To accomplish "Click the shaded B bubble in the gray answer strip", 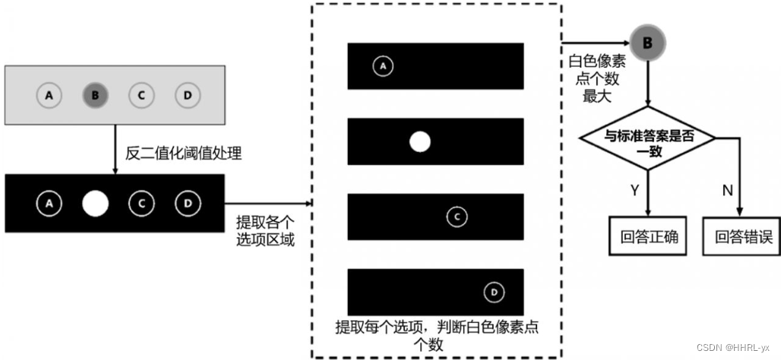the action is point(95,96).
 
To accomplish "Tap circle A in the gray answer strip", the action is point(49,96).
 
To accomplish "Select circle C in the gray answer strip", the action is point(141,96).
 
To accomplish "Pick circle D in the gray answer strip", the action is point(186,96).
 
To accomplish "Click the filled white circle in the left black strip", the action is point(96,204).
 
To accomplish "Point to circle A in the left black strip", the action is point(49,204).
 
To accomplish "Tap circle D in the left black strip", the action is point(186,204).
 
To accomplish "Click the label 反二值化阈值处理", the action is point(183,154).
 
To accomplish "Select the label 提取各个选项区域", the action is point(265,230).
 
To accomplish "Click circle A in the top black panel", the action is point(383,67).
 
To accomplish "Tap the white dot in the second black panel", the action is point(420,142).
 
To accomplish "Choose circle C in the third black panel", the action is point(457,216).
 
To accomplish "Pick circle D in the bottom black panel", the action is point(494,292).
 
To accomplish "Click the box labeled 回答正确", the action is point(648,237).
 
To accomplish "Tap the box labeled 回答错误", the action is point(743,237).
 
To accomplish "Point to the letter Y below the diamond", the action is point(635,190).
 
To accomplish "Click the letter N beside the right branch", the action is point(727,190).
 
